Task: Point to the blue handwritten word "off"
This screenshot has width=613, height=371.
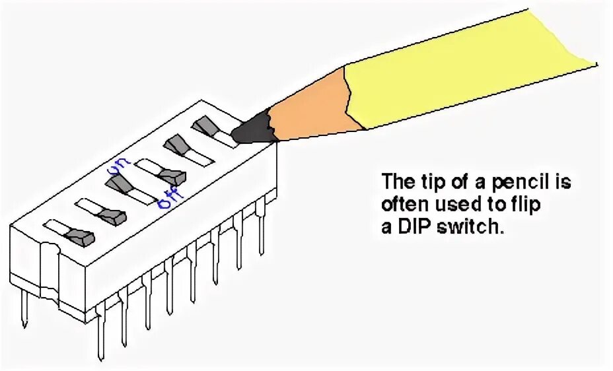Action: [x=164, y=196]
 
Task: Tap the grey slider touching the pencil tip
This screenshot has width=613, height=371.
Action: [x=205, y=125]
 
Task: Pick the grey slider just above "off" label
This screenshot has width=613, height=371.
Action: [x=172, y=176]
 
